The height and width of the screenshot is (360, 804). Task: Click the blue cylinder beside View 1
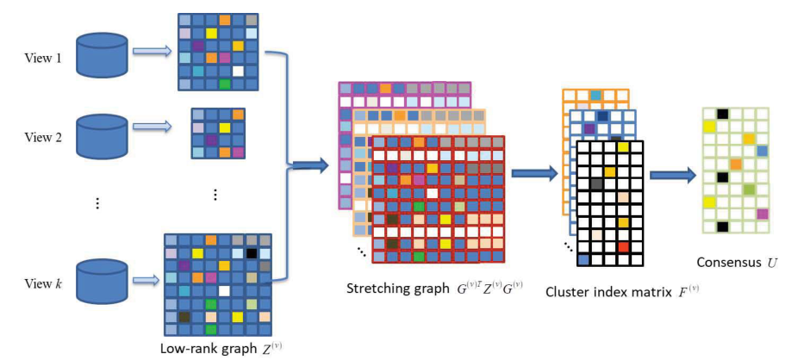[102, 53]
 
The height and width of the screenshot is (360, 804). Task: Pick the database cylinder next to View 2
[102, 133]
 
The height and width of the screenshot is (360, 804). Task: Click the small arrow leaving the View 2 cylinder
[152, 127]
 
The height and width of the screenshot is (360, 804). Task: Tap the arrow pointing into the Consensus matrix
[672, 176]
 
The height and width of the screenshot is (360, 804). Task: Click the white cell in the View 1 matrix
[239, 71]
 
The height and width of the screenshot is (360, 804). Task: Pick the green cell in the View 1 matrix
[225, 84]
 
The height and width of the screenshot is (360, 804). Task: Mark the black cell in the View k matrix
[251, 254]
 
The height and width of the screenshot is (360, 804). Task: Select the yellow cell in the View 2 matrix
[224, 127]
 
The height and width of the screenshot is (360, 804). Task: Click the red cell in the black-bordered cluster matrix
[623, 247]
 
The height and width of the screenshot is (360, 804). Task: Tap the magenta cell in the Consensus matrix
[762, 214]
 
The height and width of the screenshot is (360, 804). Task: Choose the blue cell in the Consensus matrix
[762, 152]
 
